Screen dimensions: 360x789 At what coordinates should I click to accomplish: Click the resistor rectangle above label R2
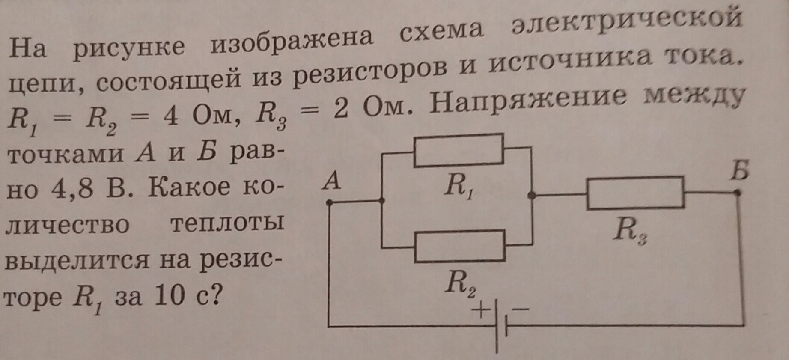point(459,246)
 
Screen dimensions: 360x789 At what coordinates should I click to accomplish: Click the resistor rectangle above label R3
point(635,193)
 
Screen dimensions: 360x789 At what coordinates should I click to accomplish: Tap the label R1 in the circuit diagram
point(459,187)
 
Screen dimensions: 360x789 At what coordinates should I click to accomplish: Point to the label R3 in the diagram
point(630,231)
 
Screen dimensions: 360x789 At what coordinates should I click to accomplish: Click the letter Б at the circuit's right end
point(739,170)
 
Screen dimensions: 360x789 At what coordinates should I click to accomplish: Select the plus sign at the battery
point(481,309)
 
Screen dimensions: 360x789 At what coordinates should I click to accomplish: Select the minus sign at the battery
point(521,308)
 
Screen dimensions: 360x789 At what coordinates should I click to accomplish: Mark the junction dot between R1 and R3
point(531,196)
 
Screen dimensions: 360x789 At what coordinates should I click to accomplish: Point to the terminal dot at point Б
point(737,193)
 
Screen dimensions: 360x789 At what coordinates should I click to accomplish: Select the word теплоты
point(227,224)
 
